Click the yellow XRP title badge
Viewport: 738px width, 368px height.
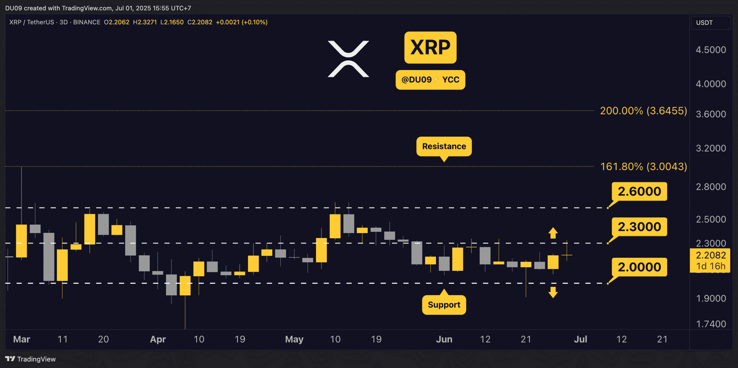[430, 48]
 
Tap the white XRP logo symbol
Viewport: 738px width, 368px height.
[348, 59]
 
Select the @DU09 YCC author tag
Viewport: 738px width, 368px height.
[430, 80]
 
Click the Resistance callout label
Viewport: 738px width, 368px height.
[444, 146]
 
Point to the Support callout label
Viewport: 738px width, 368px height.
[444, 305]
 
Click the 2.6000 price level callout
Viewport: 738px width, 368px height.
[639, 191]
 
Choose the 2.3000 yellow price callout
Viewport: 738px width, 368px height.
[639, 227]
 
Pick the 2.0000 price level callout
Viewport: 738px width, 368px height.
[639, 267]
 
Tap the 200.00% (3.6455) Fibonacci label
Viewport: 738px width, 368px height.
[643, 111]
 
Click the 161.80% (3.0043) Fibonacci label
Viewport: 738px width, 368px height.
[643, 167]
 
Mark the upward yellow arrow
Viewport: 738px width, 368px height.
[553, 233]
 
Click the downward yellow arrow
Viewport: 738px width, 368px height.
[553, 292]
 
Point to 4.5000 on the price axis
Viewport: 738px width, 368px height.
[711, 50]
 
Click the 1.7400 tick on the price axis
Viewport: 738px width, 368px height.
[711, 324]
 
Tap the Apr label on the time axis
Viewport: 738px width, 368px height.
[158, 339]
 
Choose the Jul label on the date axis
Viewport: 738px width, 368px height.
[580, 339]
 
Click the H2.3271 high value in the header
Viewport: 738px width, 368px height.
[145, 22]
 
